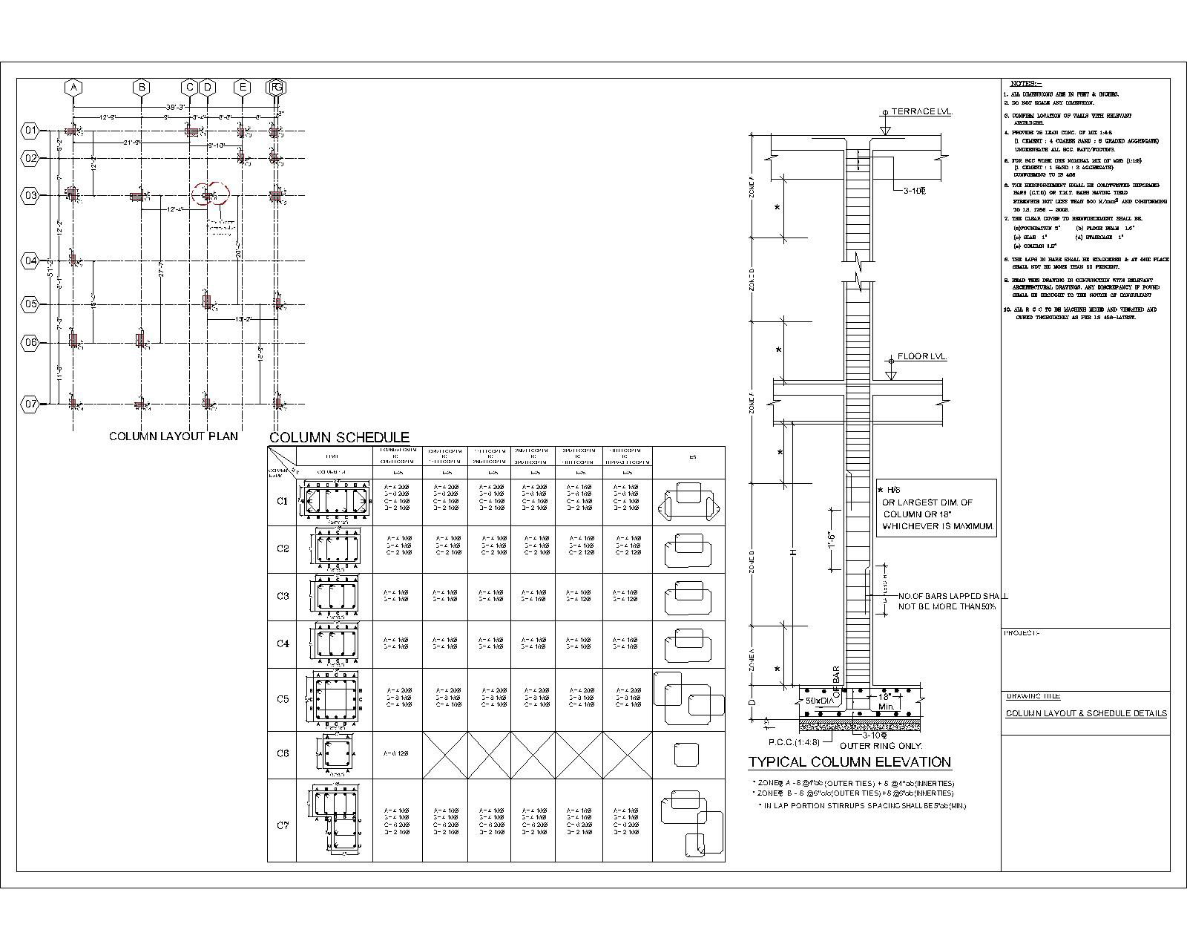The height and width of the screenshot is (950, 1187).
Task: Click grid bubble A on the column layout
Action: pyautogui.click(x=73, y=88)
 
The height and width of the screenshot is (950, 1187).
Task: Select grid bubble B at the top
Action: pyautogui.click(x=141, y=88)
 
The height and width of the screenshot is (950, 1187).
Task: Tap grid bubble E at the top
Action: pyautogui.click(x=242, y=88)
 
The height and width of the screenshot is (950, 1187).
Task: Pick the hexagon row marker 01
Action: pyautogui.click(x=30, y=131)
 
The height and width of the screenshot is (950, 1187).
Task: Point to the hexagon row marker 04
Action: pyautogui.click(x=30, y=261)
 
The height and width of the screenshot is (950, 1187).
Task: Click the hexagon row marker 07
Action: pyautogui.click(x=30, y=404)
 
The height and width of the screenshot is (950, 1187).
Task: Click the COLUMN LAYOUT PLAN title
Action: pyautogui.click(x=174, y=436)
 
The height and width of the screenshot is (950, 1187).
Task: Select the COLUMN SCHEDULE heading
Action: pyautogui.click(x=339, y=438)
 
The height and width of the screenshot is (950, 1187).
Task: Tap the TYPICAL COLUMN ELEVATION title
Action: pyautogui.click(x=849, y=762)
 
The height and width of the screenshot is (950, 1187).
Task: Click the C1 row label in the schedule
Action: pyautogui.click(x=283, y=501)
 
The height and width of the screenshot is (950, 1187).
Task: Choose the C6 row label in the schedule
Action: pyautogui.click(x=283, y=753)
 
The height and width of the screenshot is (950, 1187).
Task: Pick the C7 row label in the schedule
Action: pyautogui.click(x=283, y=825)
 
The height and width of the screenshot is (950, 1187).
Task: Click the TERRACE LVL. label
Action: pyautogui.click(x=921, y=111)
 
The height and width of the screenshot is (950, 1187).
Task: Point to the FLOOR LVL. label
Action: pyautogui.click(x=922, y=357)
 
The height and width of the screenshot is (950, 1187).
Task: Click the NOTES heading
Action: pyautogui.click(x=1026, y=83)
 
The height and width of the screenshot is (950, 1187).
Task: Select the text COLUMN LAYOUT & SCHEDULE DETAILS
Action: pyautogui.click(x=1086, y=714)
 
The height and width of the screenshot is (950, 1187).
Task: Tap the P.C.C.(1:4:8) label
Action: pyautogui.click(x=794, y=741)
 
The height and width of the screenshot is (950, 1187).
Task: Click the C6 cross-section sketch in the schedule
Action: pyautogui.click(x=336, y=754)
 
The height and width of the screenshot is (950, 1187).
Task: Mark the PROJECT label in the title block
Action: pyautogui.click(x=1022, y=633)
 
